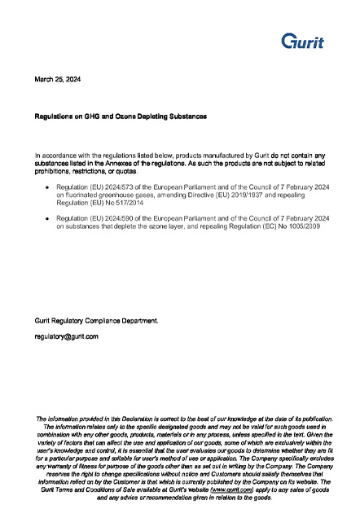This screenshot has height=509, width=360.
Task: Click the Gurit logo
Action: coord(302,41)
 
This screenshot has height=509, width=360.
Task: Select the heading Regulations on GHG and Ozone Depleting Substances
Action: coord(121,116)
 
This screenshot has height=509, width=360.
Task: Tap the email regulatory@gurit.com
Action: coord(66,336)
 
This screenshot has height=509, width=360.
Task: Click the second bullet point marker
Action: coord(47,220)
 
